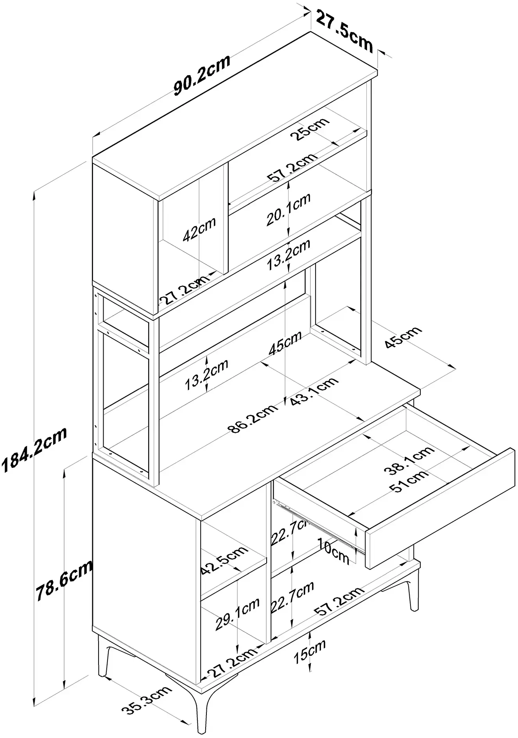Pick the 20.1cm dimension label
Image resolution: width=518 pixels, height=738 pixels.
(x=289, y=209)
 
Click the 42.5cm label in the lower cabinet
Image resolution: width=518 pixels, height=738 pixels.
(x=224, y=560)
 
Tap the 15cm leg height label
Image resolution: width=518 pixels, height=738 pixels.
(x=310, y=652)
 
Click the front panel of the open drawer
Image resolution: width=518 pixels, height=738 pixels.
(x=440, y=508)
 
